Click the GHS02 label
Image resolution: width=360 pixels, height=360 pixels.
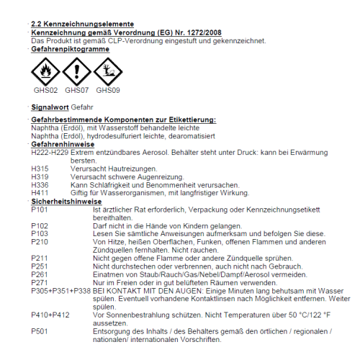[x=44, y=91]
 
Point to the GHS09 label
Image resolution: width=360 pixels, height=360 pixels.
[x=107, y=91]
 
